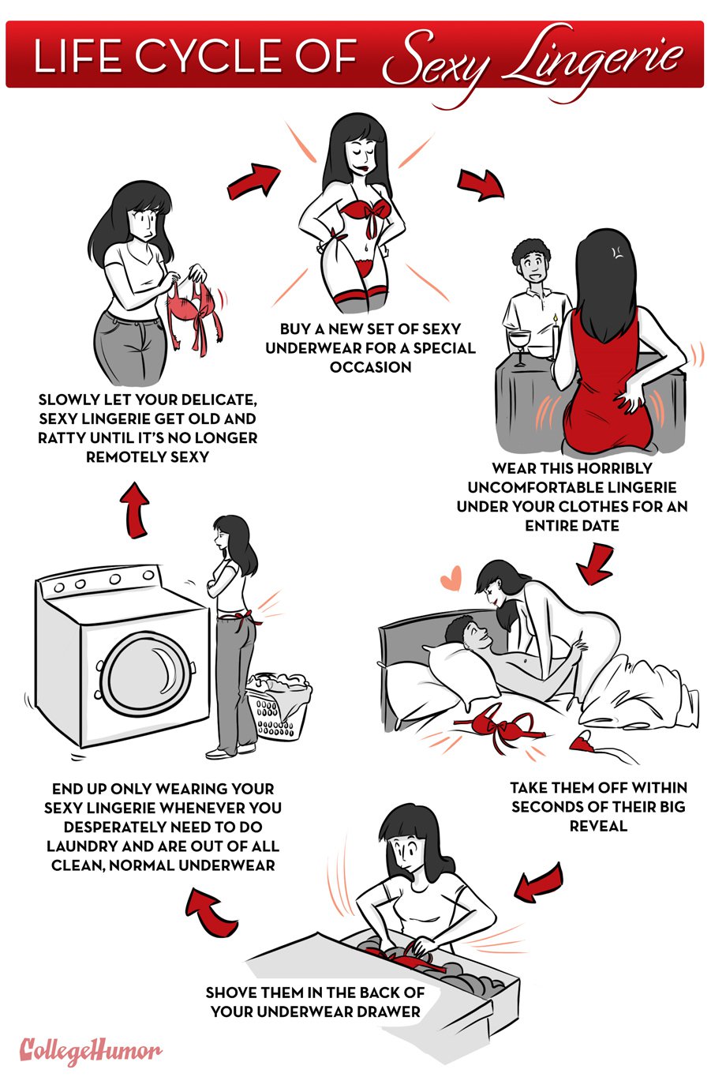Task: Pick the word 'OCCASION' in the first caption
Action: [370, 367]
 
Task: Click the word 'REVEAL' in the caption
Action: [598, 826]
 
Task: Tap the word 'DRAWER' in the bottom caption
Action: [383, 1011]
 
